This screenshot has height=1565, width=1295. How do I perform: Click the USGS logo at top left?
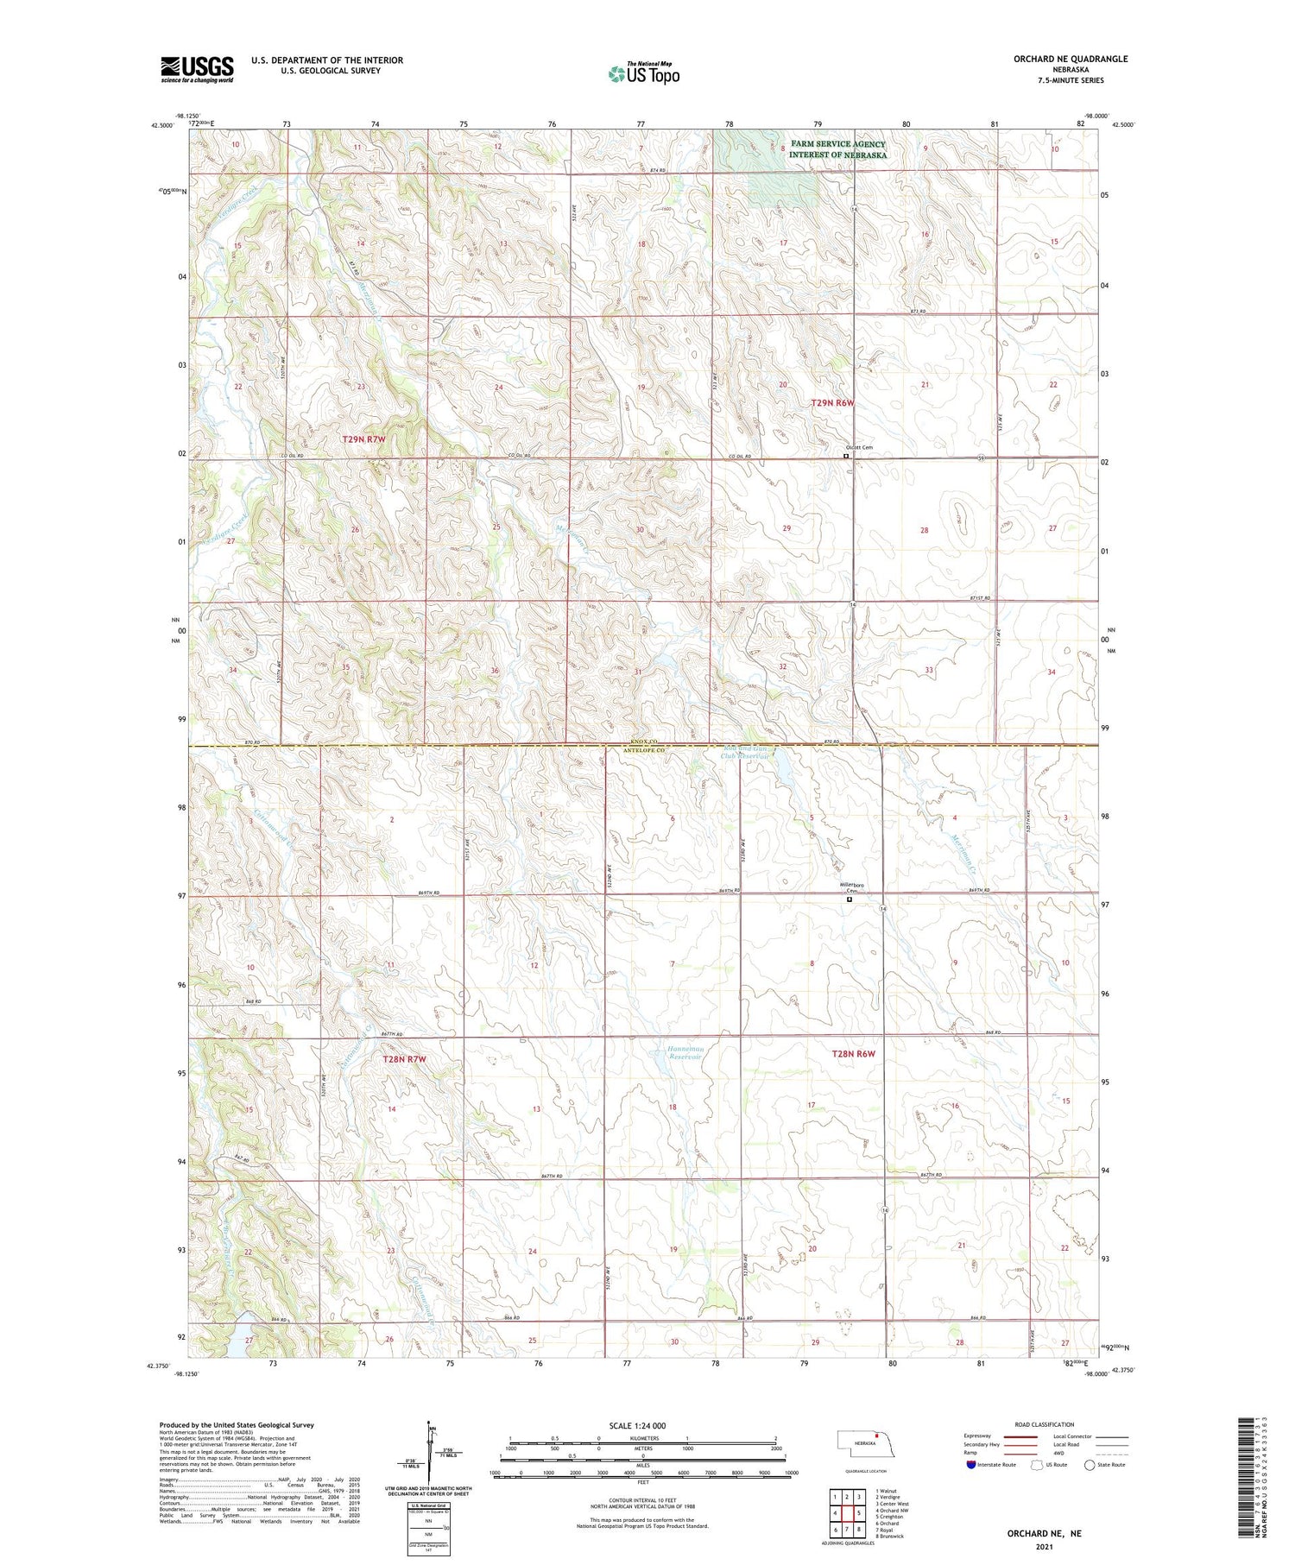point(197,69)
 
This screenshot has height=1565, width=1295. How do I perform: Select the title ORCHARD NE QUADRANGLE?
point(1071,59)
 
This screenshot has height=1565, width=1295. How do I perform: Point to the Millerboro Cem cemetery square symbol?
point(849,899)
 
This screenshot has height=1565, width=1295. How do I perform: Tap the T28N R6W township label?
point(853,1054)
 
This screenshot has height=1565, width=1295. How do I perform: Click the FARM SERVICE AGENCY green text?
point(838,144)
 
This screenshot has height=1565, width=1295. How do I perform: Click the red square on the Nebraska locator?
point(875,1437)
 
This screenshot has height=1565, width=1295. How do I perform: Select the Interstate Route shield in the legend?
point(971,1465)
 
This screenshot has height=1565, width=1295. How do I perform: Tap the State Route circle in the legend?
point(1090,1465)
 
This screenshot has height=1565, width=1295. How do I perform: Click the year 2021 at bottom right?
point(1043,1545)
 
